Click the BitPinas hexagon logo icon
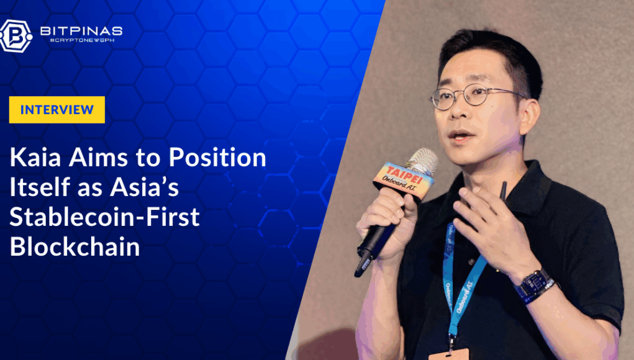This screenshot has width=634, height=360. pyautogui.click(x=16, y=37)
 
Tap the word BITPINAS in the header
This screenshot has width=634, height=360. pyautogui.click(x=81, y=31)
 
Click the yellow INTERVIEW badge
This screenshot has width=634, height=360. pyautogui.click(x=57, y=109)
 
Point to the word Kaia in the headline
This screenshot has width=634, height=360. pyautogui.click(x=35, y=157)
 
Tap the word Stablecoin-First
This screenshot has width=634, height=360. pyautogui.click(x=105, y=217)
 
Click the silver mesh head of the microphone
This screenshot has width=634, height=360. pyautogui.click(x=422, y=160)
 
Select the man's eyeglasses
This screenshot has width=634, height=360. pyautogui.click(x=477, y=96)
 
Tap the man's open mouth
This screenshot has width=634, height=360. pyautogui.click(x=461, y=135)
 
